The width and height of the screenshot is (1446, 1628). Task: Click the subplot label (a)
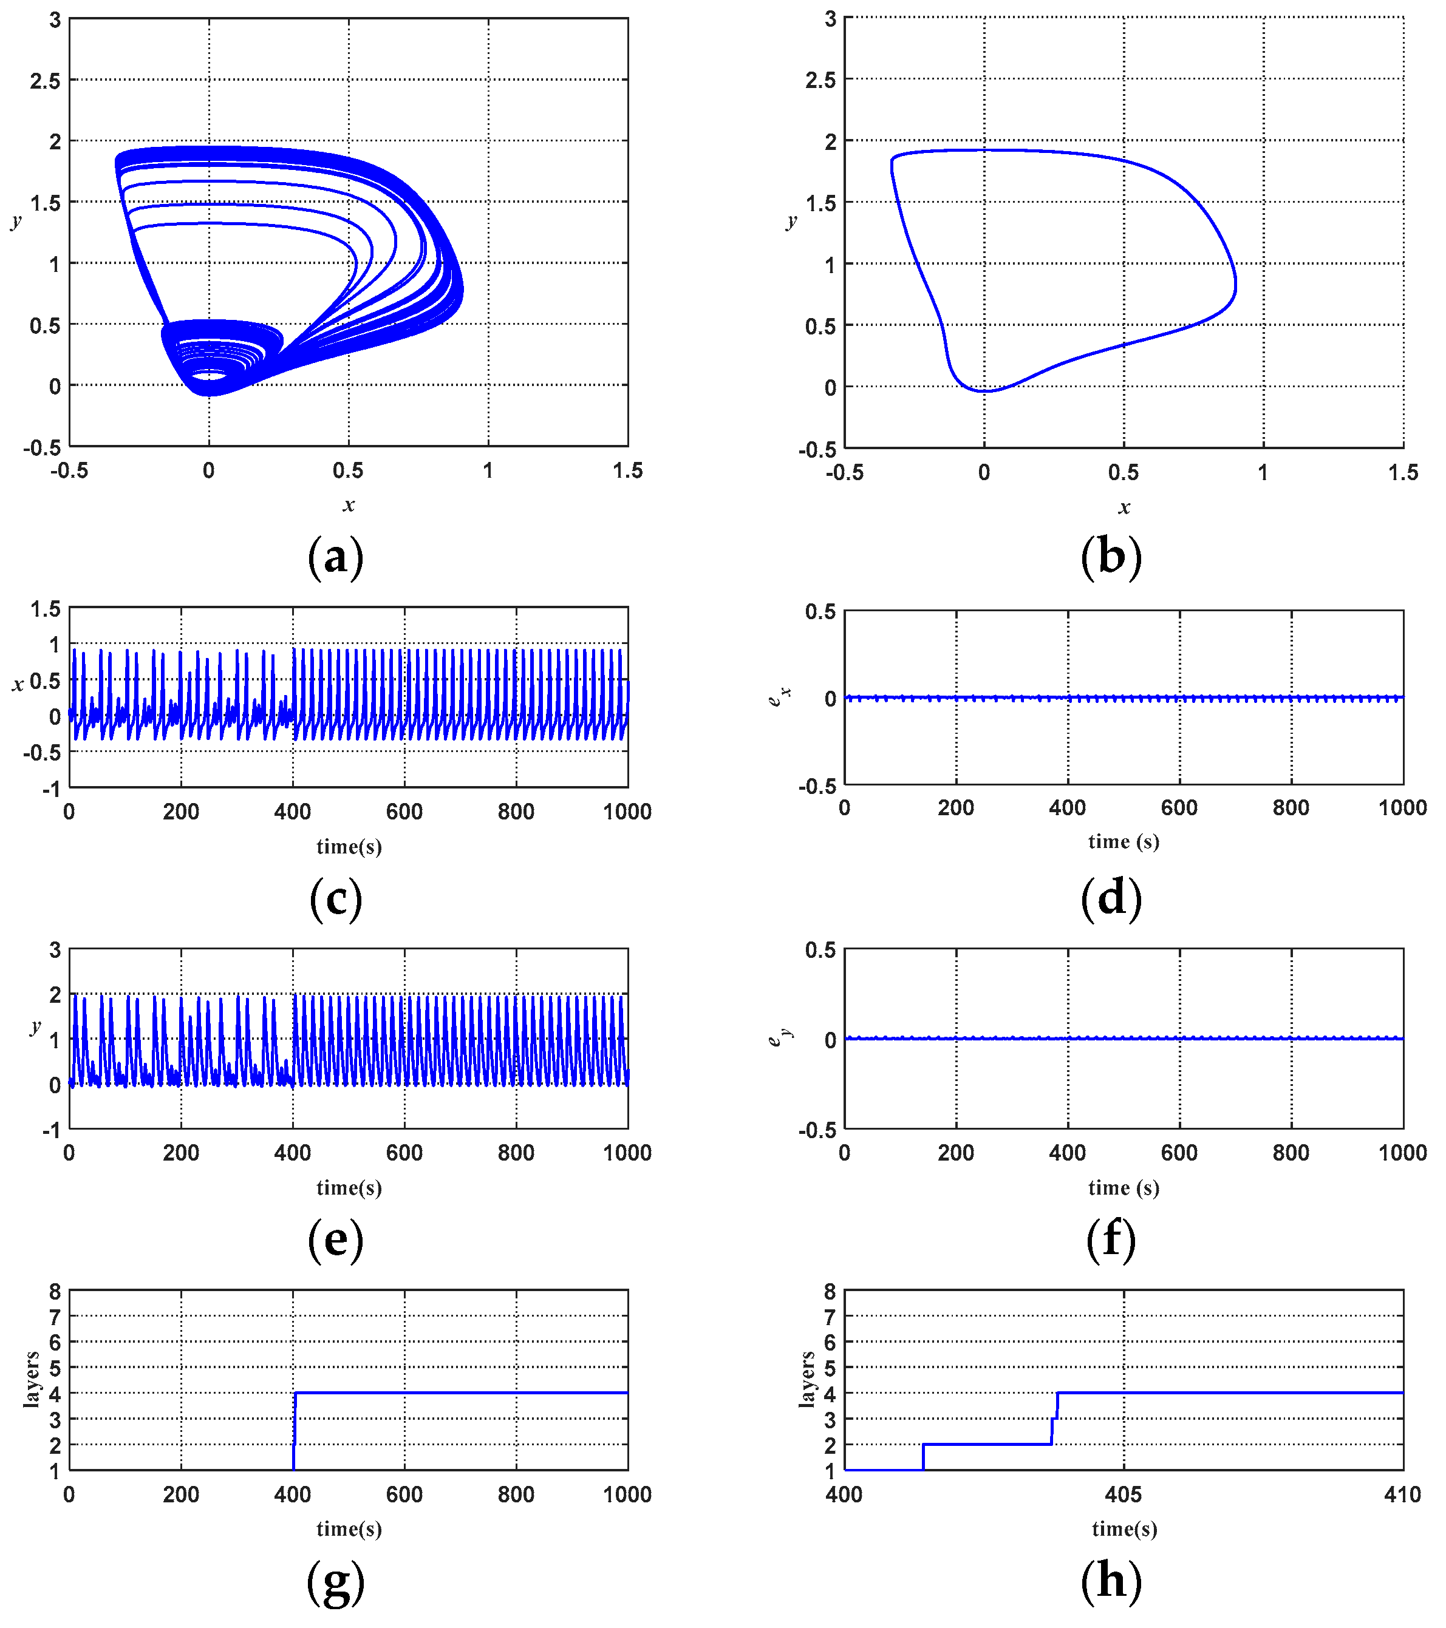point(335,557)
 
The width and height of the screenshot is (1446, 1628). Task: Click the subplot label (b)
point(1111,557)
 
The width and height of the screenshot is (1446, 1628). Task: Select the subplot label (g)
point(335,1582)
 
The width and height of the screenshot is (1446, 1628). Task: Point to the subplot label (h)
point(1111,1582)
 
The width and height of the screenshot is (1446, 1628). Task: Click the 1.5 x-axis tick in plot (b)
point(1402,473)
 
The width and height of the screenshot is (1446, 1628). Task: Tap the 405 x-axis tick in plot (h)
point(1124,1495)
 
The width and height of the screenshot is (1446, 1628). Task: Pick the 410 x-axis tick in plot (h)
point(1402,1495)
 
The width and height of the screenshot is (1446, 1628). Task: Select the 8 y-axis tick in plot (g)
point(54,1291)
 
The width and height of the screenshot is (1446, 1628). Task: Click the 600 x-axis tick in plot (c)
point(404,812)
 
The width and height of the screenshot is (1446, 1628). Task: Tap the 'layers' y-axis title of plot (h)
point(807,1380)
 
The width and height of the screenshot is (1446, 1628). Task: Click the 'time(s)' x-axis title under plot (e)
point(349,1187)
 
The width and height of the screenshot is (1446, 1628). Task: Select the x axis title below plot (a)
point(349,505)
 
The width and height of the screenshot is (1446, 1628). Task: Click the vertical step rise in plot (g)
point(295,1430)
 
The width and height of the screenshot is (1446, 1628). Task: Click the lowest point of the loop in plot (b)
point(986,391)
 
